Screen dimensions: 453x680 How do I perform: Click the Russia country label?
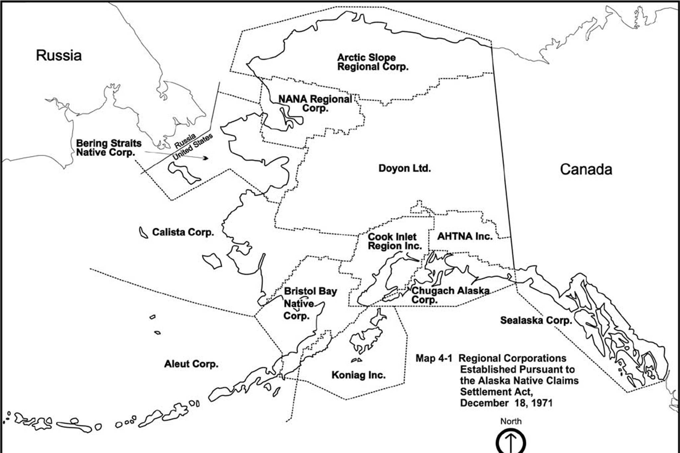[59, 55]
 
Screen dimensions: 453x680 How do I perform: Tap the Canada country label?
[586, 170]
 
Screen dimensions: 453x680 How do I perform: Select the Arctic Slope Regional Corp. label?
[373, 62]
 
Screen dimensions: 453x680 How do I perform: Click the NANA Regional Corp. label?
[315, 103]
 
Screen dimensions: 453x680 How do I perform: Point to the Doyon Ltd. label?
[404, 168]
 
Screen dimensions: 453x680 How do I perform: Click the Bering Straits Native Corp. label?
[109, 148]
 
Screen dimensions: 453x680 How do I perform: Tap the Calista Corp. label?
[183, 232]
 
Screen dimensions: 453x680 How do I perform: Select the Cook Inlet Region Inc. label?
[394, 241]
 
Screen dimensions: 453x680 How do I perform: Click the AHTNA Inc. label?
[465, 236]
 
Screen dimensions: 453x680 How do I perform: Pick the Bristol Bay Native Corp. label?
[305, 303]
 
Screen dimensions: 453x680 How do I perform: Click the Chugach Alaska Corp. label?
[450, 295]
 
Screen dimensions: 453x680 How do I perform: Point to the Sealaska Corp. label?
[536, 320]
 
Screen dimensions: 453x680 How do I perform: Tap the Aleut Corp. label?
[191, 364]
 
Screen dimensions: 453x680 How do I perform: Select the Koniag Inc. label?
[358, 375]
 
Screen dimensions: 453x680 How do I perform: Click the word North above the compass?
[511, 421]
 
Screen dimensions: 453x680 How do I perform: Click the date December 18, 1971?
[506, 403]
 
